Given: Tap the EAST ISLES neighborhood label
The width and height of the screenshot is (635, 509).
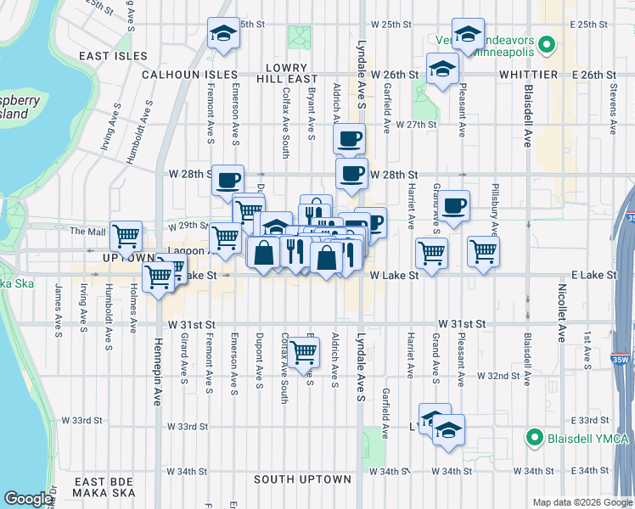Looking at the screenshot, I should pos(112,56).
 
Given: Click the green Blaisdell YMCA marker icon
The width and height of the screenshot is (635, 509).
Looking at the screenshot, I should pos(534,438).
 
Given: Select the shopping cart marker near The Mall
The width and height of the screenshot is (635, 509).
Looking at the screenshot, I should pos(126,236).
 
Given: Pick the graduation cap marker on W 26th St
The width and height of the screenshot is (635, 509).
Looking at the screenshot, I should pos(441,70).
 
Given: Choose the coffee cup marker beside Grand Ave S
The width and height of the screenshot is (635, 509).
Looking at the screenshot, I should pos(454,205).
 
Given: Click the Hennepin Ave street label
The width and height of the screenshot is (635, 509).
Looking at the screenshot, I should pos(157,373).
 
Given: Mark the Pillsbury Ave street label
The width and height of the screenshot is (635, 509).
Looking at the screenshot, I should pos(496,208).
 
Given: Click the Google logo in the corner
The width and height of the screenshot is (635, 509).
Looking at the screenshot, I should pos(29,499).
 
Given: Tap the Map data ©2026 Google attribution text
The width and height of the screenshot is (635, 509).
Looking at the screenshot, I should pos(582,502).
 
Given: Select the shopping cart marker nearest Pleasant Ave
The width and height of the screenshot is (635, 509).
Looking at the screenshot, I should pos(482,251).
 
